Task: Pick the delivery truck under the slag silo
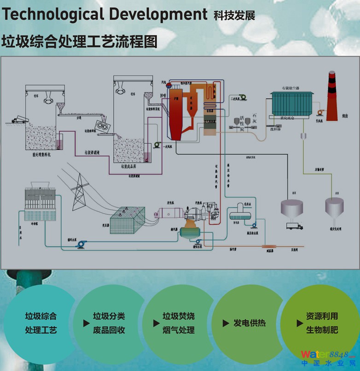pyautogui.click(x=294, y=226)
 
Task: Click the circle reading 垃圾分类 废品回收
pyautogui.click(x=109, y=323)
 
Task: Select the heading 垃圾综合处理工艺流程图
pyautogui.click(x=80, y=41)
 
